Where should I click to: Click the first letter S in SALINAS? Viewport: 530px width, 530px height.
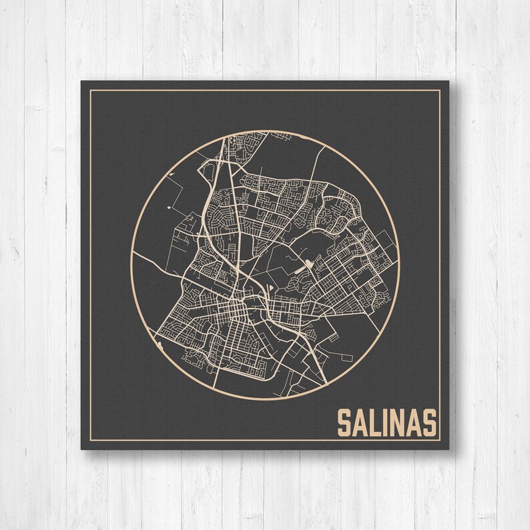tap(344, 422)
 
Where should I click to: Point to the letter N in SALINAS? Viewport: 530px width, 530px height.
tap(398, 422)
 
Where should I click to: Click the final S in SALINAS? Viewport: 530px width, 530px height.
tap(429, 422)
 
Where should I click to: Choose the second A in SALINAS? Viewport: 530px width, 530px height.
tap(414, 422)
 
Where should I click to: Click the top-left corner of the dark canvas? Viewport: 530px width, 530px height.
tap(81, 81)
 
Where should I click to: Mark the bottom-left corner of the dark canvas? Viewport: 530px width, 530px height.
tap(81, 449)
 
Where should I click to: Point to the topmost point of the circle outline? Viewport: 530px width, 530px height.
tap(265, 131)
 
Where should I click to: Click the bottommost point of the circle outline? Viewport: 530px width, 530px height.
tap(265, 399)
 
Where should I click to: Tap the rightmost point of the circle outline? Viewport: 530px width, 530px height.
tap(399, 265)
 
